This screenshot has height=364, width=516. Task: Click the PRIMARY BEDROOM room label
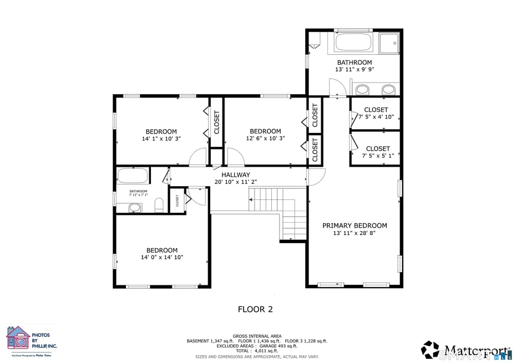(x=355, y=225)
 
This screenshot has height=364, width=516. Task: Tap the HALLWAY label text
(x=236, y=175)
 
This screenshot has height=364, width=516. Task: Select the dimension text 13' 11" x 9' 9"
(x=354, y=70)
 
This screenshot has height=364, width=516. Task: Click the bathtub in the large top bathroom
(x=355, y=43)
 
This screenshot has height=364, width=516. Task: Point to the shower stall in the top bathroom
(x=389, y=43)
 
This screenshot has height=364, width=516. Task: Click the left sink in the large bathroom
(x=362, y=90)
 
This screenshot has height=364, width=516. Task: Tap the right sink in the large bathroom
(x=388, y=90)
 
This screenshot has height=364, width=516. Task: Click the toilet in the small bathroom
(x=159, y=206)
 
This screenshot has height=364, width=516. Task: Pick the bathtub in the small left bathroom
(x=133, y=176)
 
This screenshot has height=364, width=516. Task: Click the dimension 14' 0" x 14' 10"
(x=162, y=257)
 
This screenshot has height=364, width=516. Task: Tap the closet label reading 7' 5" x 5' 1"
(x=378, y=156)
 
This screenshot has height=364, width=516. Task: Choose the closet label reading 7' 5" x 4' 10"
(x=377, y=117)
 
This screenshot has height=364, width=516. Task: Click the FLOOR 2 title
(x=255, y=309)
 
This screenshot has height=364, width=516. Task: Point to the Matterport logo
(x=466, y=350)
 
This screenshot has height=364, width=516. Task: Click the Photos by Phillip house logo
(x=18, y=337)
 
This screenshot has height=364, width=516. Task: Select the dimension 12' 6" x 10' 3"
(x=265, y=139)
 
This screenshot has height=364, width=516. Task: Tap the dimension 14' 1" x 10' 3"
(x=161, y=139)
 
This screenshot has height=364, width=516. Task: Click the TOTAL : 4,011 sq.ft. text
(x=257, y=351)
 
